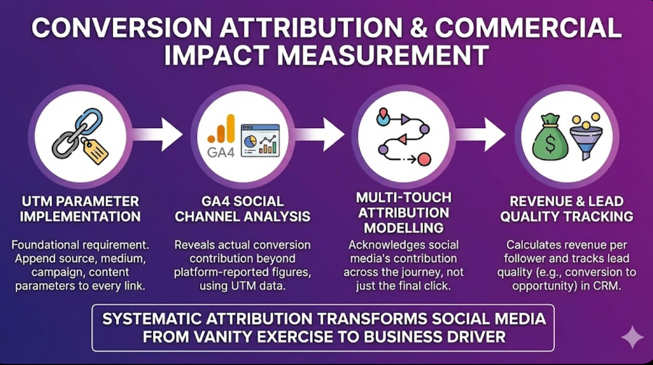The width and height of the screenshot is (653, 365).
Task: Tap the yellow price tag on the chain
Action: pyautogui.click(x=95, y=151)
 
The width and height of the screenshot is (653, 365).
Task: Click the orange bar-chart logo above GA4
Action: pyautogui.click(x=221, y=129)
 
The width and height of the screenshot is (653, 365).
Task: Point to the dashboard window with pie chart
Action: pyautogui.click(x=260, y=140)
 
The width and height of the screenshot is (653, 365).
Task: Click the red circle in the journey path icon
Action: pyautogui.click(x=423, y=159)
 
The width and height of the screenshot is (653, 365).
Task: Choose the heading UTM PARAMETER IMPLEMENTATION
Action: pyautogui.click(x=81, y=208)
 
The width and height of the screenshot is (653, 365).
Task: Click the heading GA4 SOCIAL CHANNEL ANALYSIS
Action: pyautogui.click(x=242, y=208)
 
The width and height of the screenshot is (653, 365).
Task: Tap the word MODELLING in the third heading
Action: pyautogui.click(x=403, y=228)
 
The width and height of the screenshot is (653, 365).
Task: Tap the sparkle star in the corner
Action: pyautogui.click(x=631, y=337)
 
